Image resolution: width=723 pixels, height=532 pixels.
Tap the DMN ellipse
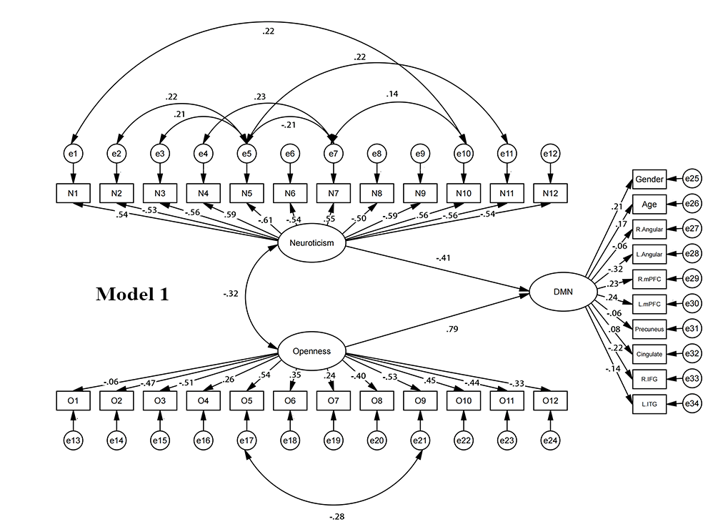tap(563, 292)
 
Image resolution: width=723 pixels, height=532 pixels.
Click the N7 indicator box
tap(332, 192)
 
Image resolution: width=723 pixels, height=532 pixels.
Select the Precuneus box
tap(649, 328)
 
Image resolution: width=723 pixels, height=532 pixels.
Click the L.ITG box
tap(649, 405)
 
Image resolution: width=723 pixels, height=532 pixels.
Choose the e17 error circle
tap(246, 440)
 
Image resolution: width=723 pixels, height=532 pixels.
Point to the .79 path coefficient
tap(452, 329)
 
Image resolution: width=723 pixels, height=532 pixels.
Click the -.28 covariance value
tap(336, 516)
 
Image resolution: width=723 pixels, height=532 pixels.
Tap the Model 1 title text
tap(132, 294)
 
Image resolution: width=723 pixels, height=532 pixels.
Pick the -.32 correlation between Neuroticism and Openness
tap(231, 293)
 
